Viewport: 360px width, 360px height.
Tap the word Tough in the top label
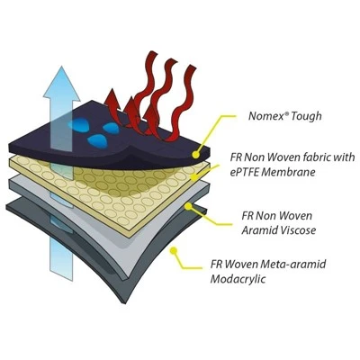click(306, 116)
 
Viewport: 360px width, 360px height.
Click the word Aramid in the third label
click(254, 230)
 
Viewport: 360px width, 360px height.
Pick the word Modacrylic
click(238, 279)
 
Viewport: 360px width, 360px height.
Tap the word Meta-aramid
click(293, 265)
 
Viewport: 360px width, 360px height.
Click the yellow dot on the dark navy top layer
click(195, 155)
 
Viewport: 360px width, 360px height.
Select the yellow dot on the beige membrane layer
click(194, 177)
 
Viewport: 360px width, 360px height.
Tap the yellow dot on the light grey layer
click(188, 206)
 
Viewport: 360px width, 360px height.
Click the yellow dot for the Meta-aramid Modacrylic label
click(173, 250)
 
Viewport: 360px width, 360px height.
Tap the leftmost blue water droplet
click(77, 124)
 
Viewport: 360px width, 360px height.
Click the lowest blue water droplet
click(96, 140)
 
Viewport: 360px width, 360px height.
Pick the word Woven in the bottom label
click(241, 265)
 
